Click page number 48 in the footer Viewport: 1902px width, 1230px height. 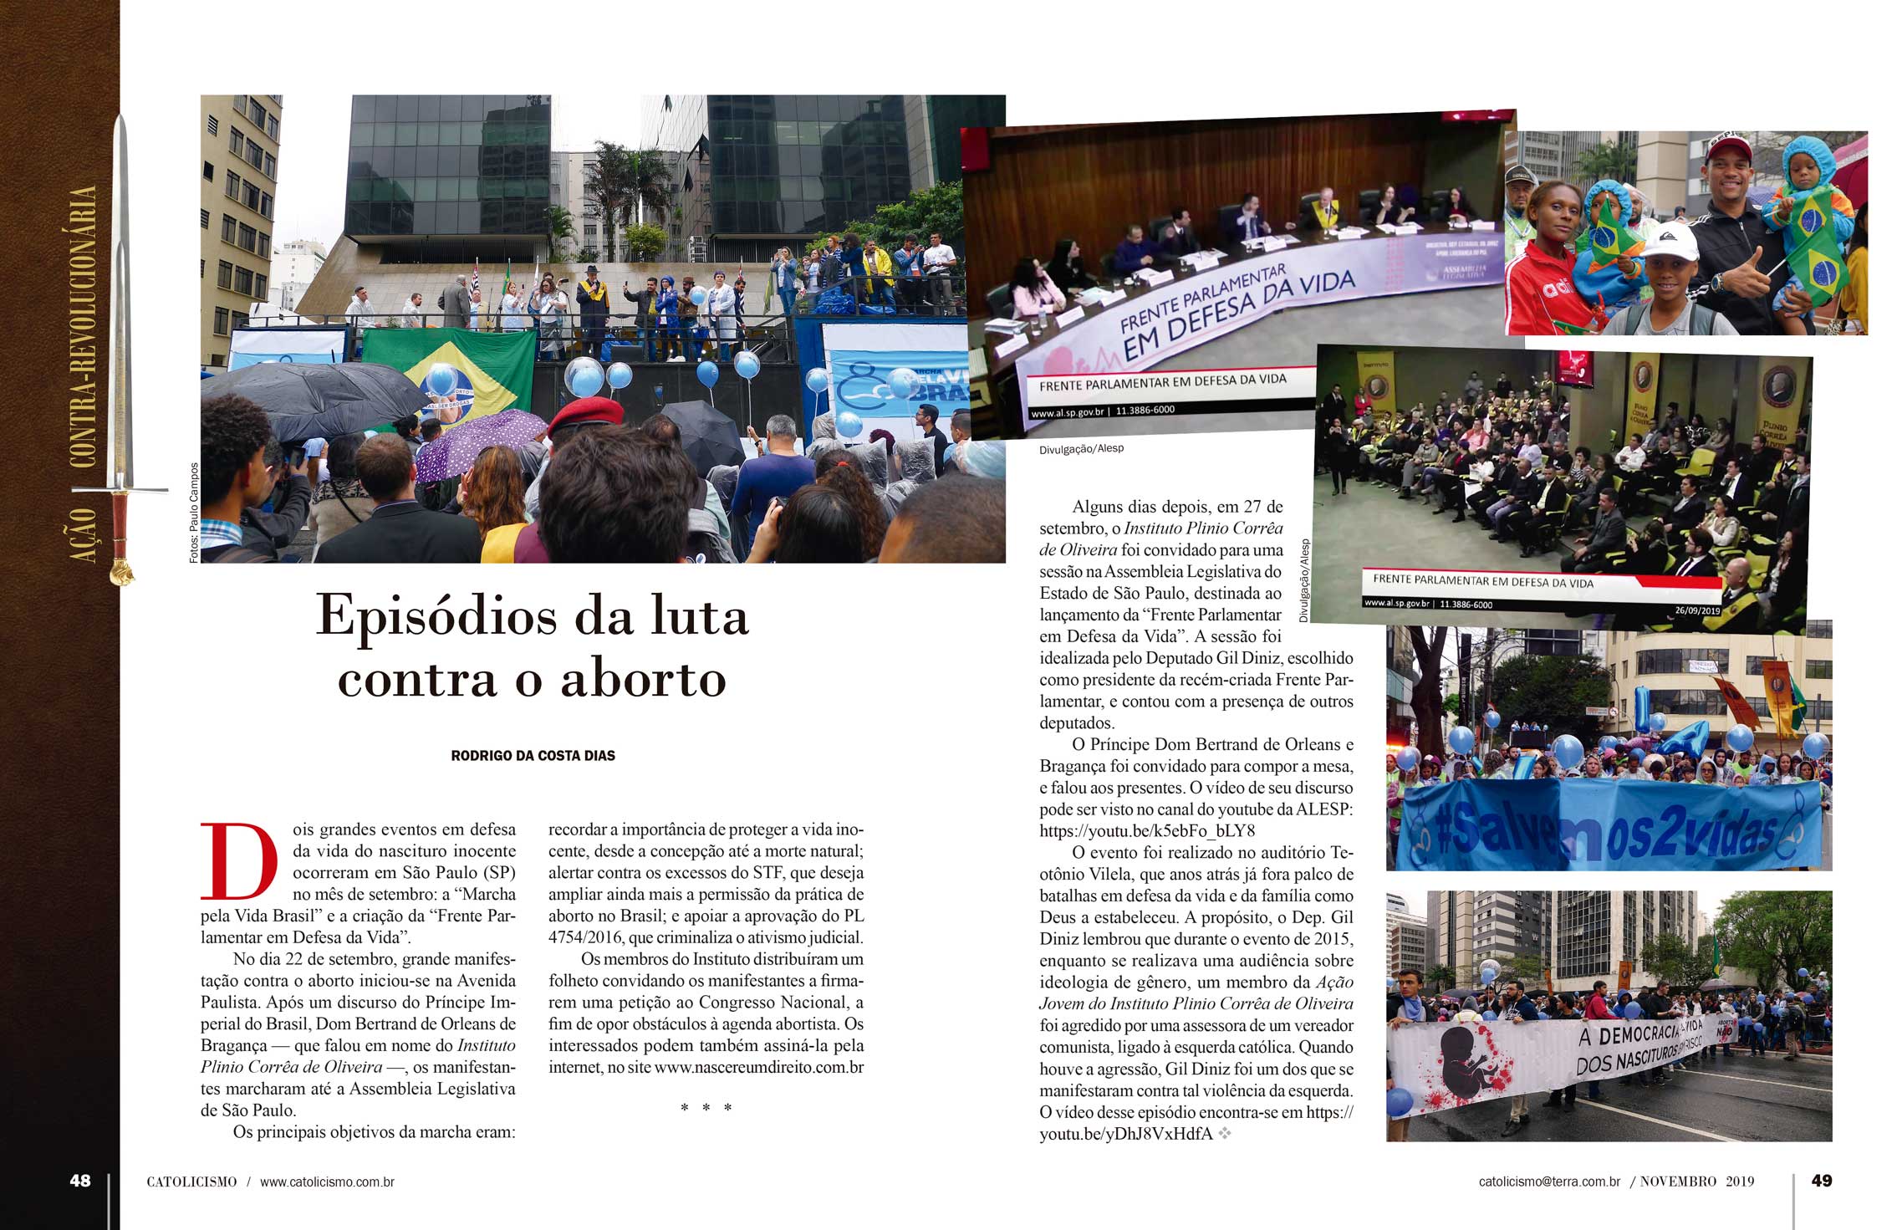[80, 1181]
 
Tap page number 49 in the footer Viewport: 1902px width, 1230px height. [1822, 1181]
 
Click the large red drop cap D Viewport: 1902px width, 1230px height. [238, 861]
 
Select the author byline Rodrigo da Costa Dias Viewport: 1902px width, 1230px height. [533, 756]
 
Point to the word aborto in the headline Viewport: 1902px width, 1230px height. [644, 679]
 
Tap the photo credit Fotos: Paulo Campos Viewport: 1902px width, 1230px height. [194, 512]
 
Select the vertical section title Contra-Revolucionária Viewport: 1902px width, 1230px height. [83, 326]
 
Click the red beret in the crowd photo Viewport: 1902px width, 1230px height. [585, 415]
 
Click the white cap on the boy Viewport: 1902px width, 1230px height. [1669, 240]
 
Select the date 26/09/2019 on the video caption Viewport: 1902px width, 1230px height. [1697, 611]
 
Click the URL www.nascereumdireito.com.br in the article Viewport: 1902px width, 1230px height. [758, 1068]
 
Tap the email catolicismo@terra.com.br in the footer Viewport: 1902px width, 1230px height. [1549, 1182]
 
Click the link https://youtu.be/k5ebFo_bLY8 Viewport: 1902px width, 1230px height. [1147, 831]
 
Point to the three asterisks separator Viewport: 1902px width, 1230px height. [706, 1108]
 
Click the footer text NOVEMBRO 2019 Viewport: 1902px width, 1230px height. [1696, 1182]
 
